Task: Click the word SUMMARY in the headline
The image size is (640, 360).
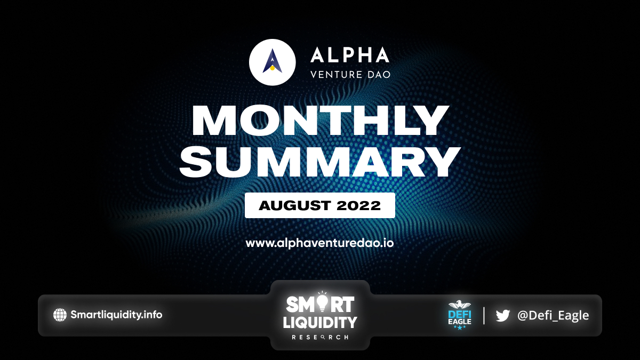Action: click(319, 162)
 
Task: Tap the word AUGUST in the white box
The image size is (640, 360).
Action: click(294, 205)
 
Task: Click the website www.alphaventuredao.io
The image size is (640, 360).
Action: click(319, 243)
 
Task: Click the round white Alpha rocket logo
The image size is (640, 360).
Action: click(273, 62)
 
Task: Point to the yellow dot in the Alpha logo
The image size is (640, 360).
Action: click(273, 68)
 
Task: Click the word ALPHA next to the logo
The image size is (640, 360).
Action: click(350, 55)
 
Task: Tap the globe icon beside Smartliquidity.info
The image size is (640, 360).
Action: click(60, 315)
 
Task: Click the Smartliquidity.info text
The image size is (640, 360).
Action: click(116, 315)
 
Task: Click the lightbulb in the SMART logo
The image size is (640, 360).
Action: click(322, 302)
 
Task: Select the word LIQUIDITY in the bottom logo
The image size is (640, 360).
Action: click(320, 323)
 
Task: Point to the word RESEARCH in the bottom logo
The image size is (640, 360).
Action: click(320, 338)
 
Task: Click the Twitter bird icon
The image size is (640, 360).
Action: click(503, 315)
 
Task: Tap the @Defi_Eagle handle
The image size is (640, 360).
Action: click(553, 315)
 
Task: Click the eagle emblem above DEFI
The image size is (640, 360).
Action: click(459, 305)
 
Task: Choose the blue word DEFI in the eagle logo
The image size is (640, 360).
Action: click(459, 314)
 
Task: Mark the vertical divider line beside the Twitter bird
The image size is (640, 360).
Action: click(484, 315)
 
